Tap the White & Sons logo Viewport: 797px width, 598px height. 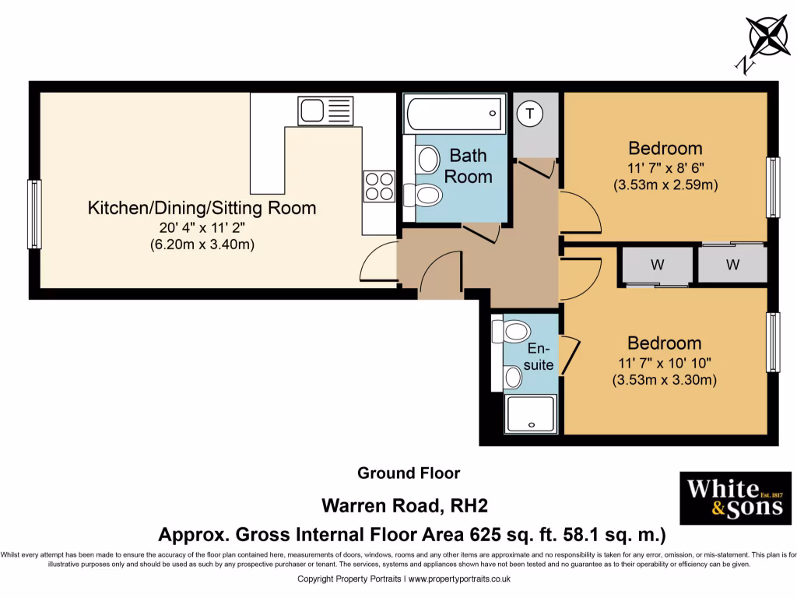736,498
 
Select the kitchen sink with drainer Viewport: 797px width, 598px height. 325,111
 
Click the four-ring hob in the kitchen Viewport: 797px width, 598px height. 379,186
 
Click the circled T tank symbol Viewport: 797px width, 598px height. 531,114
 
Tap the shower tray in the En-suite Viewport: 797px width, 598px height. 532,414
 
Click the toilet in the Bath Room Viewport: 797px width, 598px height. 427,194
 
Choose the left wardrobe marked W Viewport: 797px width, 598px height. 658,266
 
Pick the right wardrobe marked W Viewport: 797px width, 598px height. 732,265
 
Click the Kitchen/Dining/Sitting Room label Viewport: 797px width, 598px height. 202,208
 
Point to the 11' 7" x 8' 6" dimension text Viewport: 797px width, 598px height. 665,167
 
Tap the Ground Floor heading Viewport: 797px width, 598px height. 409,473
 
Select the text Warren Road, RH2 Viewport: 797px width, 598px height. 405,506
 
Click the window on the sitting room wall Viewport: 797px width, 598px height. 34,214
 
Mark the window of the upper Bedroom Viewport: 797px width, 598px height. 772,187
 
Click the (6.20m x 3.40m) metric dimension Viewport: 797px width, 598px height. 202,244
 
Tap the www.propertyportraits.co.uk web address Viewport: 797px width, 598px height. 459,579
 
